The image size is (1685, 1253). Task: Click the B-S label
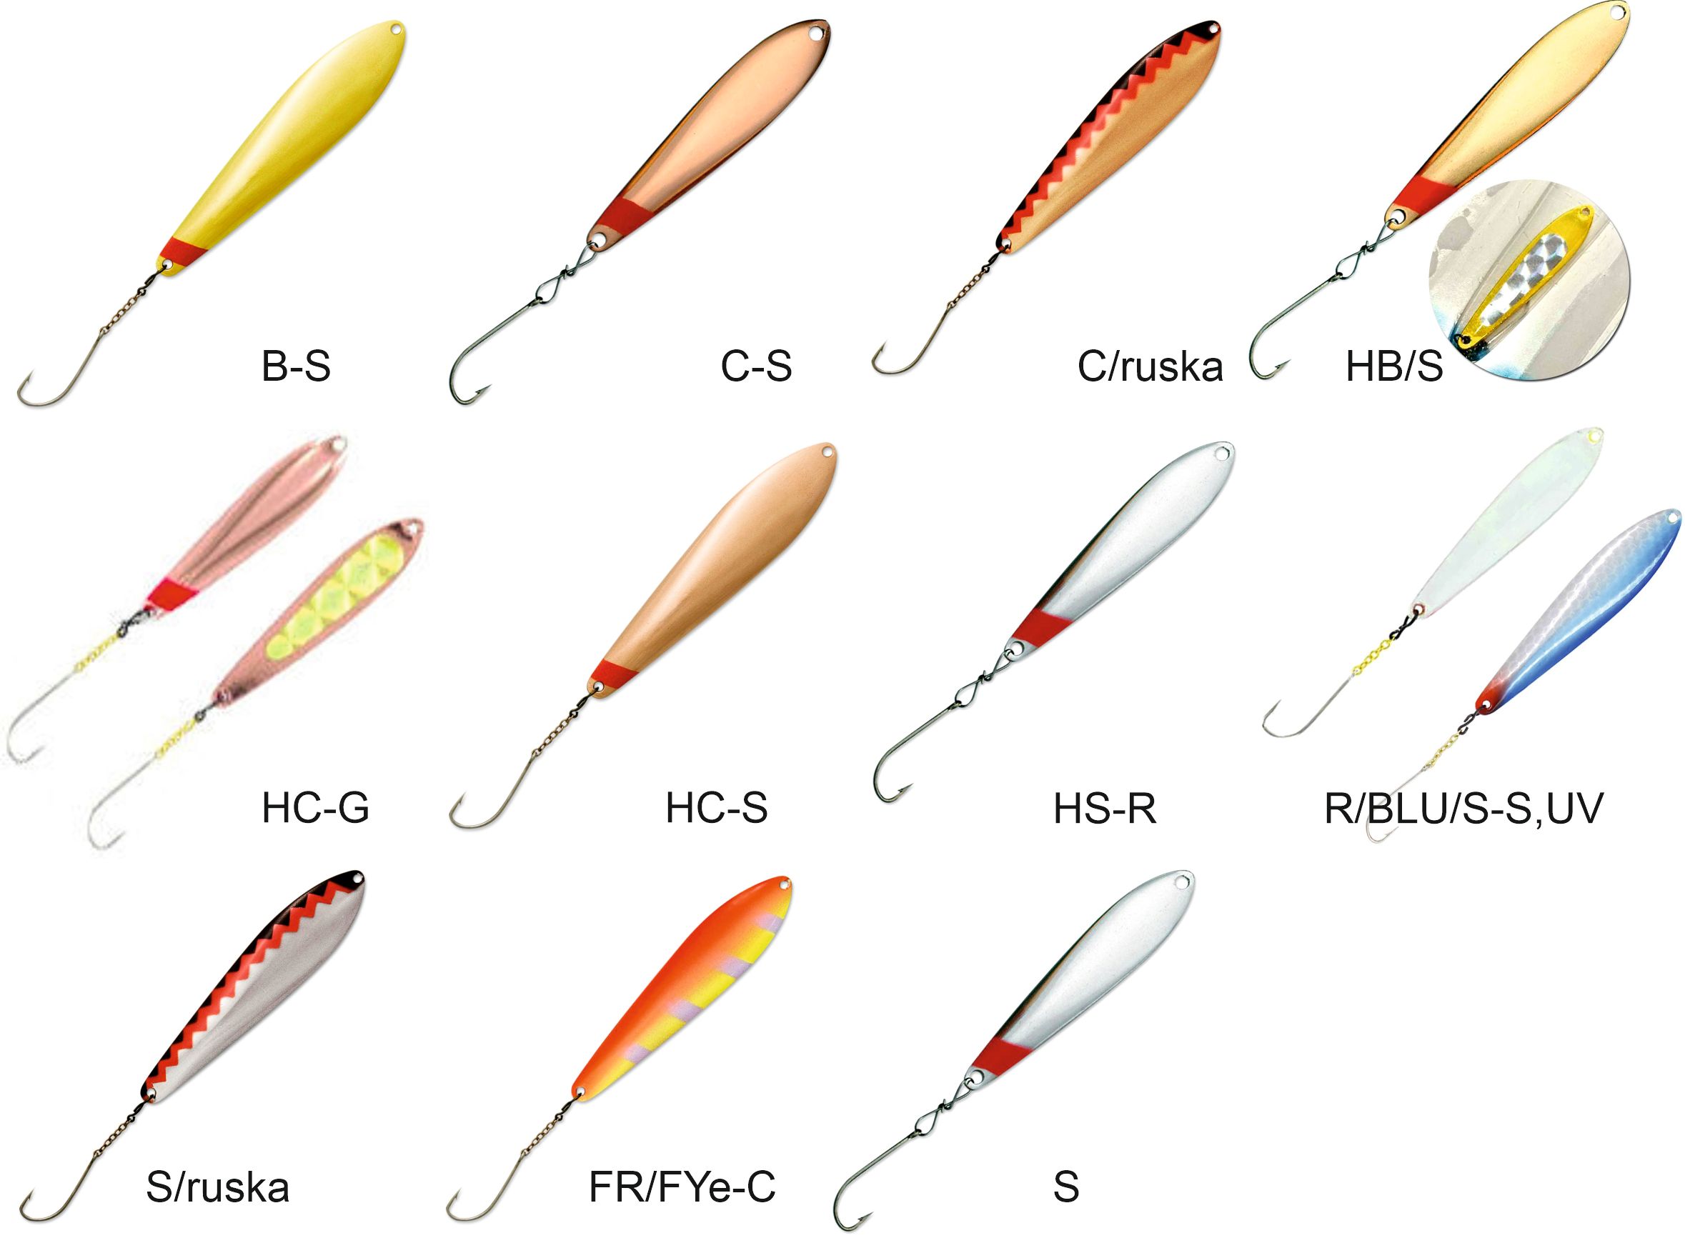(x=296, y=366)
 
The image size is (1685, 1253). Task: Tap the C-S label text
(x=755, y=366)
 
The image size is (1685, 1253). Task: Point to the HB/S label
(x=1393, y=367)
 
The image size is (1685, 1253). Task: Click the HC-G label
(x=315, y=809)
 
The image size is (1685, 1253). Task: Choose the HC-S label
(x=716, y=809)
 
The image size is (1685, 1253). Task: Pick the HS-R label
(x=1105, y=809)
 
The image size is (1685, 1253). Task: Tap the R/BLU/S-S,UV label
(x=1463, y=809)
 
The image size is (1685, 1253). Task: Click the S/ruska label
(x=218, y=1188)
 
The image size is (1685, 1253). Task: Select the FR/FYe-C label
(x=682, y=1188)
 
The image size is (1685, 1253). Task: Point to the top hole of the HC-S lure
(x=825, y=454)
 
